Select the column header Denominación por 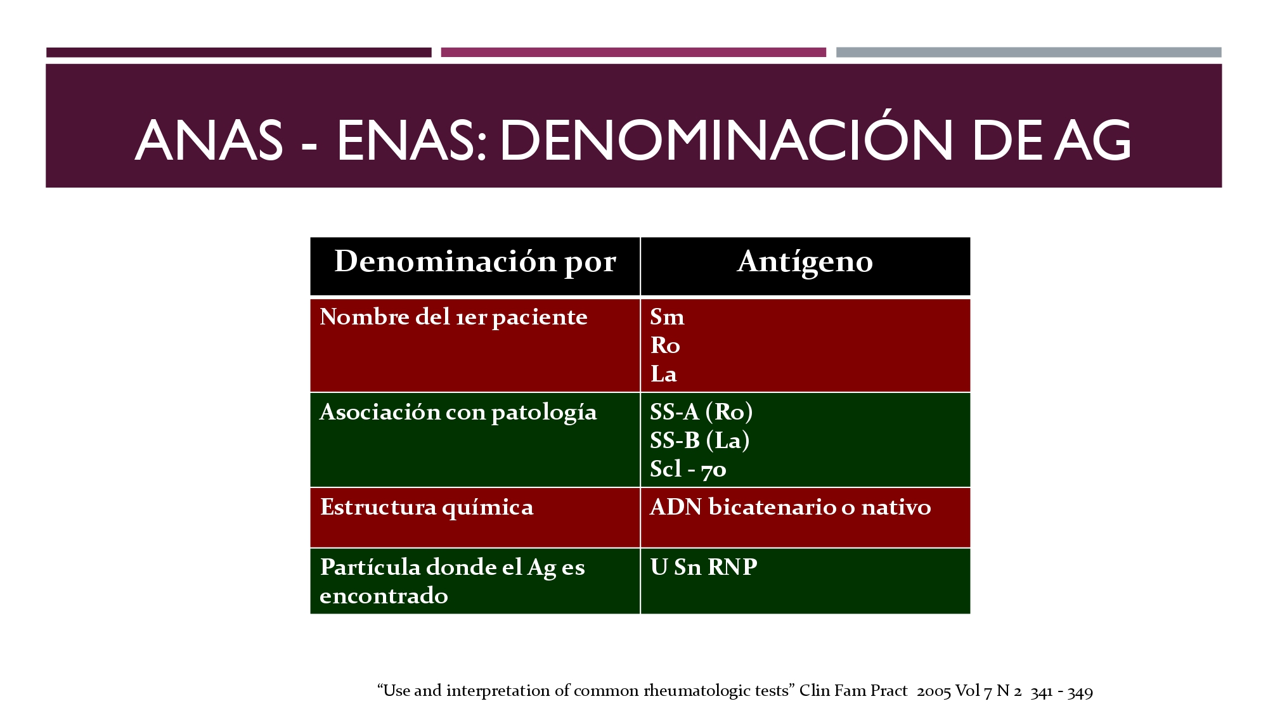click(x=475, y=262)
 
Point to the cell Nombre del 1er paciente click(x=453, y=317)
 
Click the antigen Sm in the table click(x=667, y=316)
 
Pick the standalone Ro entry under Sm click(x=665, y=345)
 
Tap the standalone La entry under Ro click(x=663, y=374)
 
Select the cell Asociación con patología click(x=458, y=413)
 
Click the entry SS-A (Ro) click(x=701, y=412)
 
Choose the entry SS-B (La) click(x=700, y=440)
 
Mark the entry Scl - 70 click(x=688, y=469)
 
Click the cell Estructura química click(x=427, y=508)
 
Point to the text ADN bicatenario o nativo click(x=791, y=507)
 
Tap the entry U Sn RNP click(x=704, y=567)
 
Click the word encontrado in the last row click(x=384, y=596)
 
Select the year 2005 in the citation click(x=933, y=691)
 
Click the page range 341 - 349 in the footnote click(x=1061, y=691)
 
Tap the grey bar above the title click(x=1028, y=52)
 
